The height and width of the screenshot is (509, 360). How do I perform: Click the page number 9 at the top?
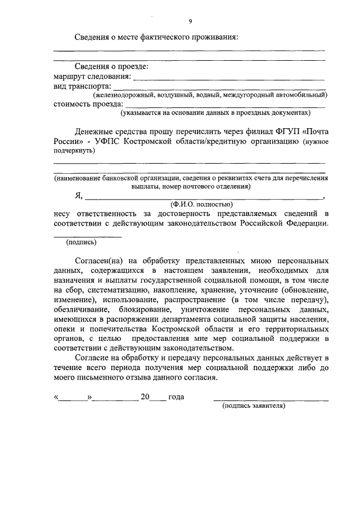190,21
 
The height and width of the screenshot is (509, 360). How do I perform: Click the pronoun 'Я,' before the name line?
78,196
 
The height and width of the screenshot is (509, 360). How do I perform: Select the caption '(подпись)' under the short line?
81,242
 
